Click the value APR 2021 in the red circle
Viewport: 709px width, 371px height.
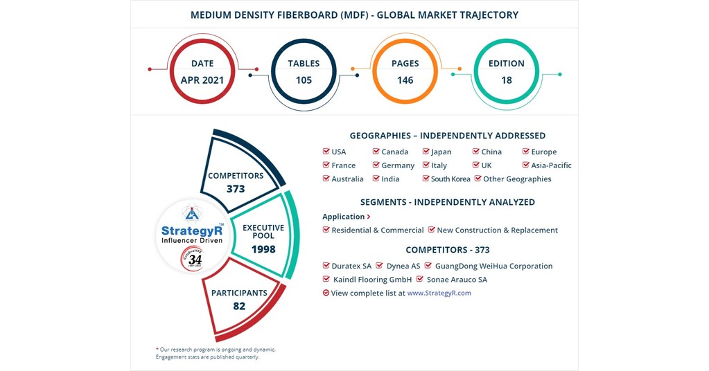(202, 80)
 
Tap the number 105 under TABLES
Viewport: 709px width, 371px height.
(304, 80)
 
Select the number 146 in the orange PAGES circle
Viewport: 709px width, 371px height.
(405, 80)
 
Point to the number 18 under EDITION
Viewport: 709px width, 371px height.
(506, 80)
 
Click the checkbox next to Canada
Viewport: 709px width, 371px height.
(376, 152)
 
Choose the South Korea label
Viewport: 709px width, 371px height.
(450, 179)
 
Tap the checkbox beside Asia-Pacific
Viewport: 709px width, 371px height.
(526, 165)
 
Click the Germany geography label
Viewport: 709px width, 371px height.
(398, 165)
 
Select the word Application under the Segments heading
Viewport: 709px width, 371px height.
(343, 217)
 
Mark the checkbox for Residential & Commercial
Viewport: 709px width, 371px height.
(326, 230)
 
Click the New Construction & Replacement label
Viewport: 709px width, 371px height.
(497, 230)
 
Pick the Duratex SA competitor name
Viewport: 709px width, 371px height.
(351, 266)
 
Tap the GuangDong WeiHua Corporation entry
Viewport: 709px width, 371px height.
(493, 266)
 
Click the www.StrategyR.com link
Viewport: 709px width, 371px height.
(439, 293)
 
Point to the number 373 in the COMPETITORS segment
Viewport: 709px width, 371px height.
(236, 188)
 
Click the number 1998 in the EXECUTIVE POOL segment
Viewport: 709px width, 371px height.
(263, 249)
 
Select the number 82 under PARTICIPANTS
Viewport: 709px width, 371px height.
(239, 306)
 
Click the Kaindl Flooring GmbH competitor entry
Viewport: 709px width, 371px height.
(372, 280)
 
